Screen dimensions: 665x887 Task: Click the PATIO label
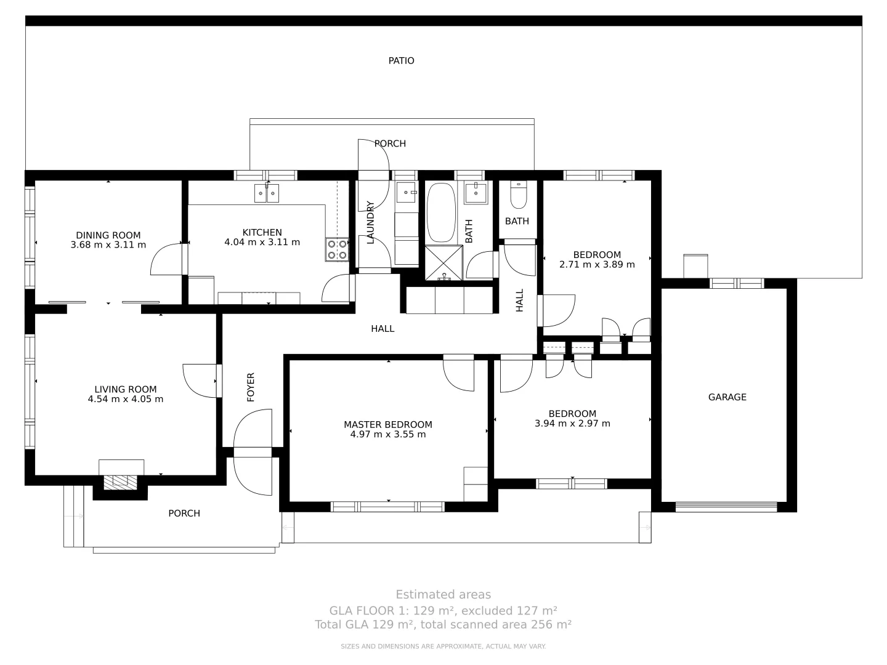coord(401,61)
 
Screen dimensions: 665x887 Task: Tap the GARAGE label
coord(727,397)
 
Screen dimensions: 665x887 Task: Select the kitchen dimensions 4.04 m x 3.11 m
coord(262,242)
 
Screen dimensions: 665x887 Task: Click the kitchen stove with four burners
coord(337,249)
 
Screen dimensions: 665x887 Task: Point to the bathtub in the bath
coord(440,212)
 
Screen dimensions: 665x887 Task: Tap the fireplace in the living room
coord(121,482)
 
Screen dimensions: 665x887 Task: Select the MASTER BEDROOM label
coord(387,425)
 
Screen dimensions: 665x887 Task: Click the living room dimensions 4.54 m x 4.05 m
coord(126,399)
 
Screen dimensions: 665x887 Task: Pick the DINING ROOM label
coord(108,235)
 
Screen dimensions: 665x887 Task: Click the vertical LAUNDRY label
coord(371,222)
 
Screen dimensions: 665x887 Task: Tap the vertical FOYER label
coord(251,387)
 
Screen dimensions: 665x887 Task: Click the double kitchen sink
coord(267,193)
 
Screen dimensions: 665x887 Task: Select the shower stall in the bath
coord(443,263)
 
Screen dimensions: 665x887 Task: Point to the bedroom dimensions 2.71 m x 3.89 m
coord(597,265)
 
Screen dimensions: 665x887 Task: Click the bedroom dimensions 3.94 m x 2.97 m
coord(572,424)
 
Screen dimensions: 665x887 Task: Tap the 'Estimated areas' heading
coord(443,595)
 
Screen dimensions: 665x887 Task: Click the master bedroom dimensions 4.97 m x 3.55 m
coord(387,435)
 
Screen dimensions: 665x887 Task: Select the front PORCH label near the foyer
coord(184,514)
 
